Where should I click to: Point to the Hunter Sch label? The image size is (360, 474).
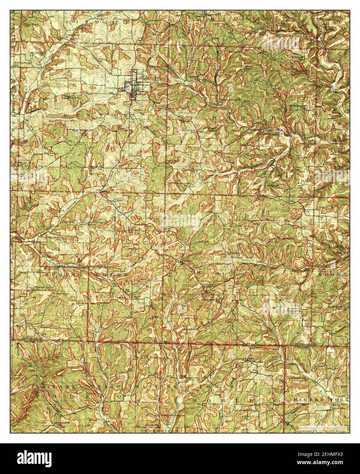click(x=192, y=77)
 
